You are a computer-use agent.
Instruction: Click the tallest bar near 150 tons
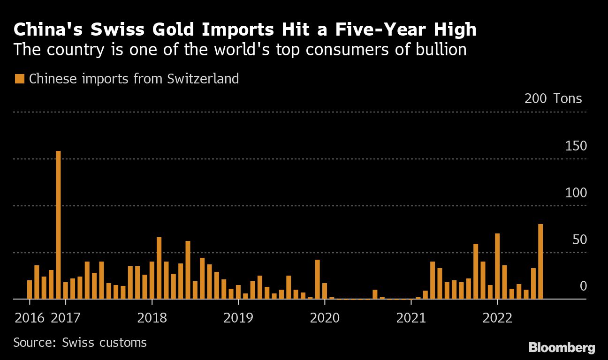pos(58,225)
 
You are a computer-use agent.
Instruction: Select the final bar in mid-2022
pos(540,261)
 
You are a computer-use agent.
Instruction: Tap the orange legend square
pos(19,79)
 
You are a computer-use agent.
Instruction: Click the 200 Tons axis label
pos(553,99)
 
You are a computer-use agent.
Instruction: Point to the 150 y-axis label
pos(576,146)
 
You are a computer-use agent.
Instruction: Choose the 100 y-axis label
pos(576,193)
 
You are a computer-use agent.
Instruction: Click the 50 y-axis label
pos(579,240)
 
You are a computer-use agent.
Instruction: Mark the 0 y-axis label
pos(583,286)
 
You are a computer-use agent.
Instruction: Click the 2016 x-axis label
pos(30,318)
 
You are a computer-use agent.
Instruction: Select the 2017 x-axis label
pos(65,318)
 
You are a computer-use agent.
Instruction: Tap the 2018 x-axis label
pos(152,318)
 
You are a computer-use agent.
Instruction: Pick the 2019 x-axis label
pos(238,318)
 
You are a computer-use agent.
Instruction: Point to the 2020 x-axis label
pos(325,318)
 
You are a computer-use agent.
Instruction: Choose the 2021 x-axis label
pos(411,318)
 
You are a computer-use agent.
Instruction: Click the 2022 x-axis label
pos(497,318)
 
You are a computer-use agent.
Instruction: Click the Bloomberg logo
pos(562,348)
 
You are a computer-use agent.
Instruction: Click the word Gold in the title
pos(175,30)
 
